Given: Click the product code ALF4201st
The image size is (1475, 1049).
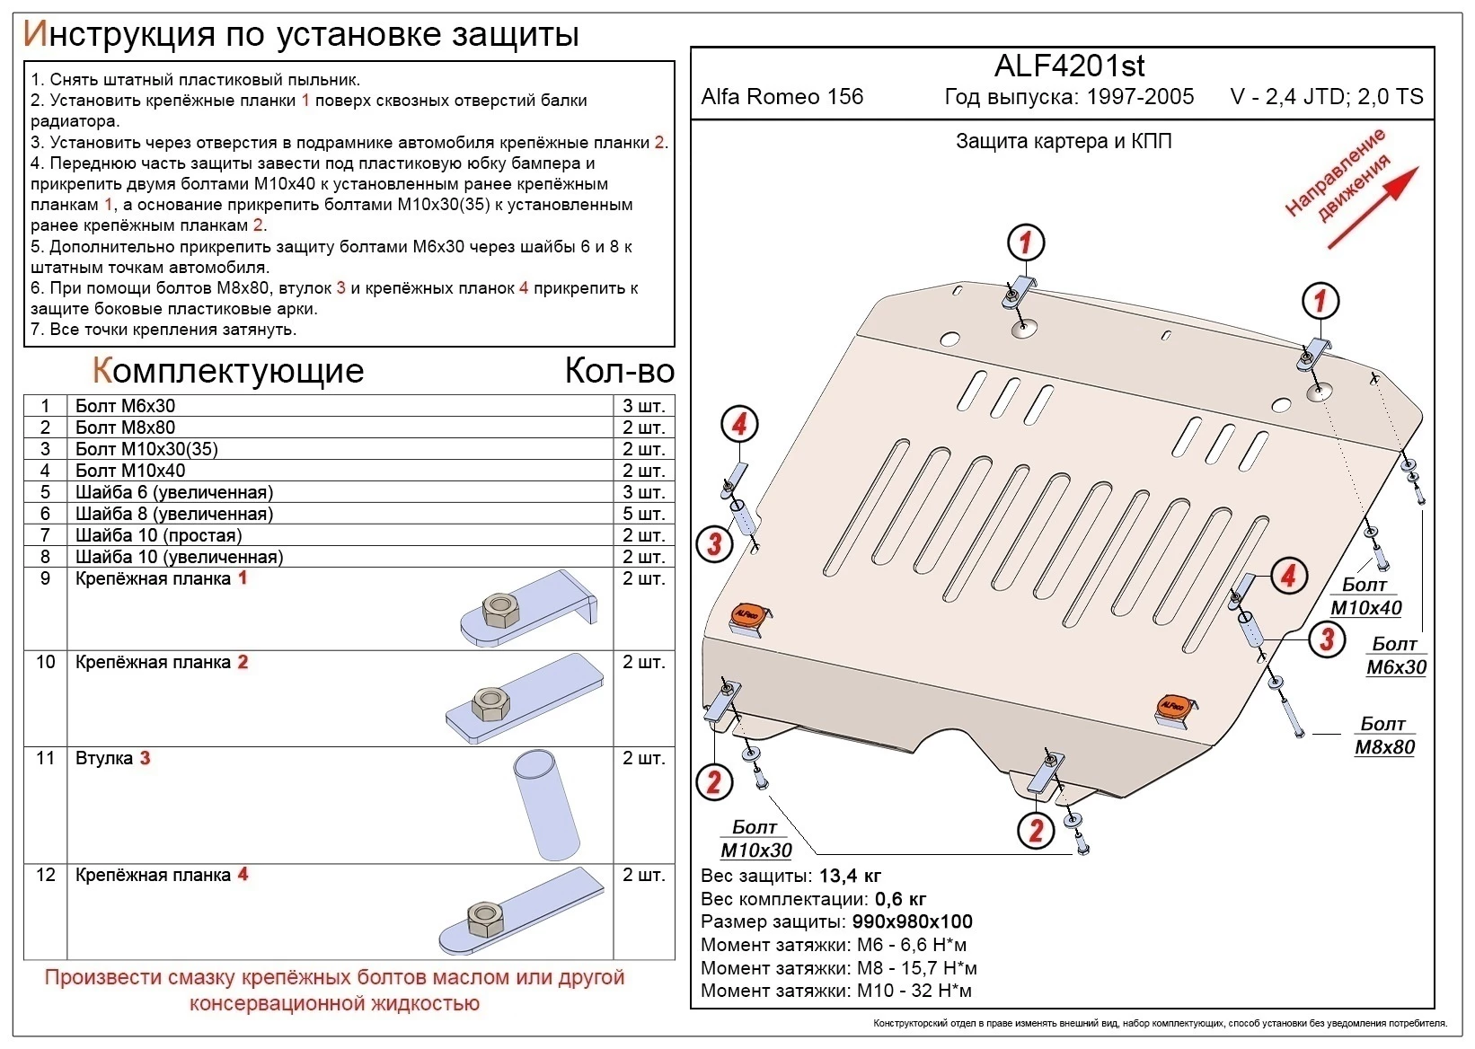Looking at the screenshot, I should click(x=1069, y=66).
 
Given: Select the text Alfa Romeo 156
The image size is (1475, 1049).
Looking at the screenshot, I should click(x=782, y=97).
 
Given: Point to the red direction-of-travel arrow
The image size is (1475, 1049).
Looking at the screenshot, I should click(x=1373, y=207).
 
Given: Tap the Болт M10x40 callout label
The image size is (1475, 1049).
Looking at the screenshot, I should click(x=1365, y=596).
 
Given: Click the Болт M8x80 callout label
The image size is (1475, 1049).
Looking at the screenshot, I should click(x=1383, y=736).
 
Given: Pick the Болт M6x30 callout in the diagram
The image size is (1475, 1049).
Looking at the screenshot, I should click(x=1395, y=656).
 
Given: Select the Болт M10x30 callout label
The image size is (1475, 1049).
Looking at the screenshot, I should click(x=755, y=839).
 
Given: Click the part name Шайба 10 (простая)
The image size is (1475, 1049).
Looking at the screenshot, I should click(x=158, y=535).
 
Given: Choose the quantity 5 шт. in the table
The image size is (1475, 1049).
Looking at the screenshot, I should click(x=643, y=514).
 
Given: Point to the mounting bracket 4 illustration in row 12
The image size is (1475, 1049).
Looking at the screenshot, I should click(x=521, y=912).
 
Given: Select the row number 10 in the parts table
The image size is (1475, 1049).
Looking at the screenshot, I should click(x=45, y=662).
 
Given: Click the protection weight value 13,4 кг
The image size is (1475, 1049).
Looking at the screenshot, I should click(x=850, y=876).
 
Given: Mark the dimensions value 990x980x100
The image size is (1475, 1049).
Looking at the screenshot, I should click(x=911, y=921).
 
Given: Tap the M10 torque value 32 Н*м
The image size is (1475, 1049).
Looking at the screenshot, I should click(x=941, y=991).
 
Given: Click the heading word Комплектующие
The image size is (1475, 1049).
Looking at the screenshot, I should click(x=227, y=371).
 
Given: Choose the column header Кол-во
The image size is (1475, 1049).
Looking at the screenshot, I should click(x=619, y=371).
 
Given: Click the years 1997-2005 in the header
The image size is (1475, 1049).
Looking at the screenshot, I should click(x=1140, y=97).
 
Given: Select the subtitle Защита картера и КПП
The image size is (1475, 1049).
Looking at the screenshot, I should click(x=1064, y=141).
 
